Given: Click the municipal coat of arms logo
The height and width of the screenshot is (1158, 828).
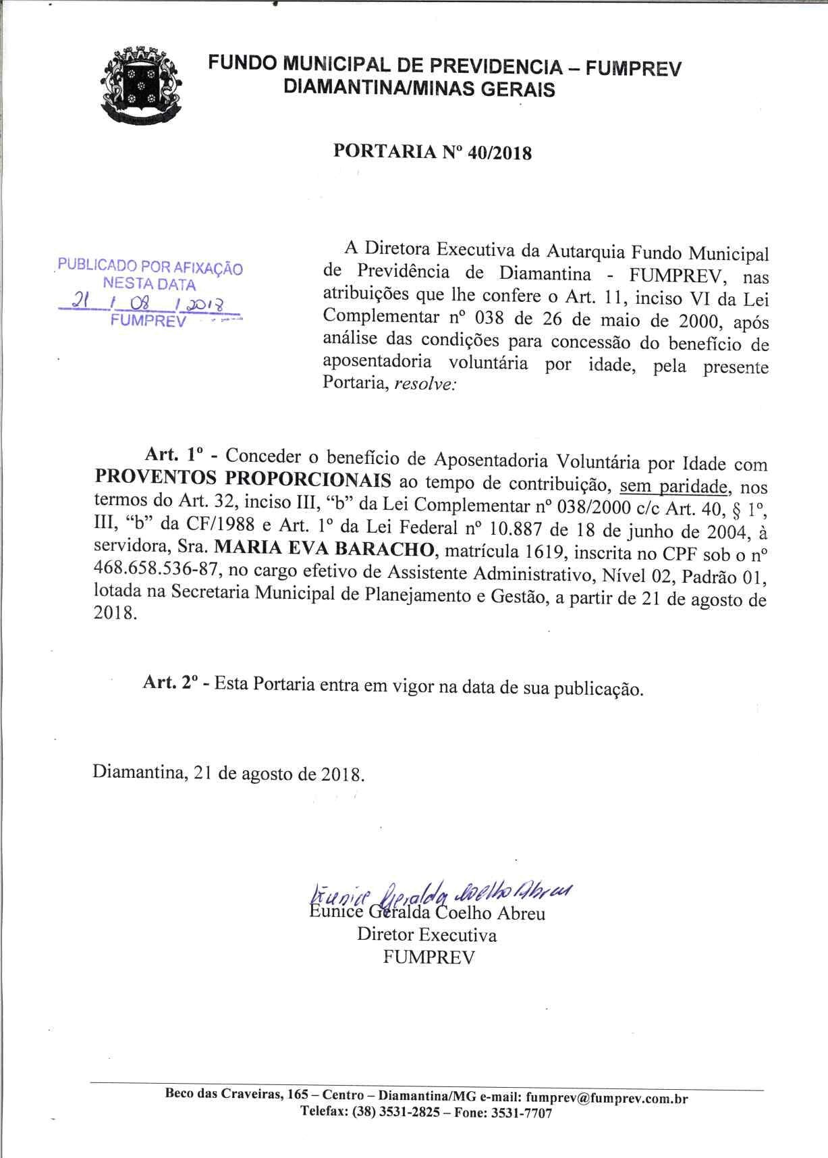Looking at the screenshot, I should [x=142, y=85].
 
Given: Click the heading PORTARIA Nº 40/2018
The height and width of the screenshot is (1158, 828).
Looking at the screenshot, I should [x=433, y=153].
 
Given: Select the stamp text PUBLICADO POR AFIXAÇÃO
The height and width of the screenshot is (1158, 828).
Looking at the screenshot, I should [x=150, y=267].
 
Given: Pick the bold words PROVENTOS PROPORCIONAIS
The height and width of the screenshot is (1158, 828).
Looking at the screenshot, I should [x=242, y=479].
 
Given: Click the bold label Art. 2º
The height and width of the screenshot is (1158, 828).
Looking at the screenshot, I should [x=169, y=682].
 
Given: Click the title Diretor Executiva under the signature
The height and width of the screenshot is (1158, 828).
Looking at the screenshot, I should [x=426, y=935].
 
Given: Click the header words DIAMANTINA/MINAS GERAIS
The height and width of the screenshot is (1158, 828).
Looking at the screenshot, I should [x=420, y=89].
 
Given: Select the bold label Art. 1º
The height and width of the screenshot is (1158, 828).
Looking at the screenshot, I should [x=170, y=456].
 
